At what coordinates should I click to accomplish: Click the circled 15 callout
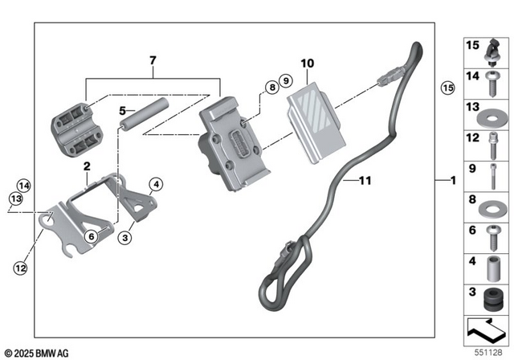click(447, 87)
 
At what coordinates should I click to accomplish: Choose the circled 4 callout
click(157, 184)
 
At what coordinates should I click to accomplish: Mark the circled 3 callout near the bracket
click(126, 239)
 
